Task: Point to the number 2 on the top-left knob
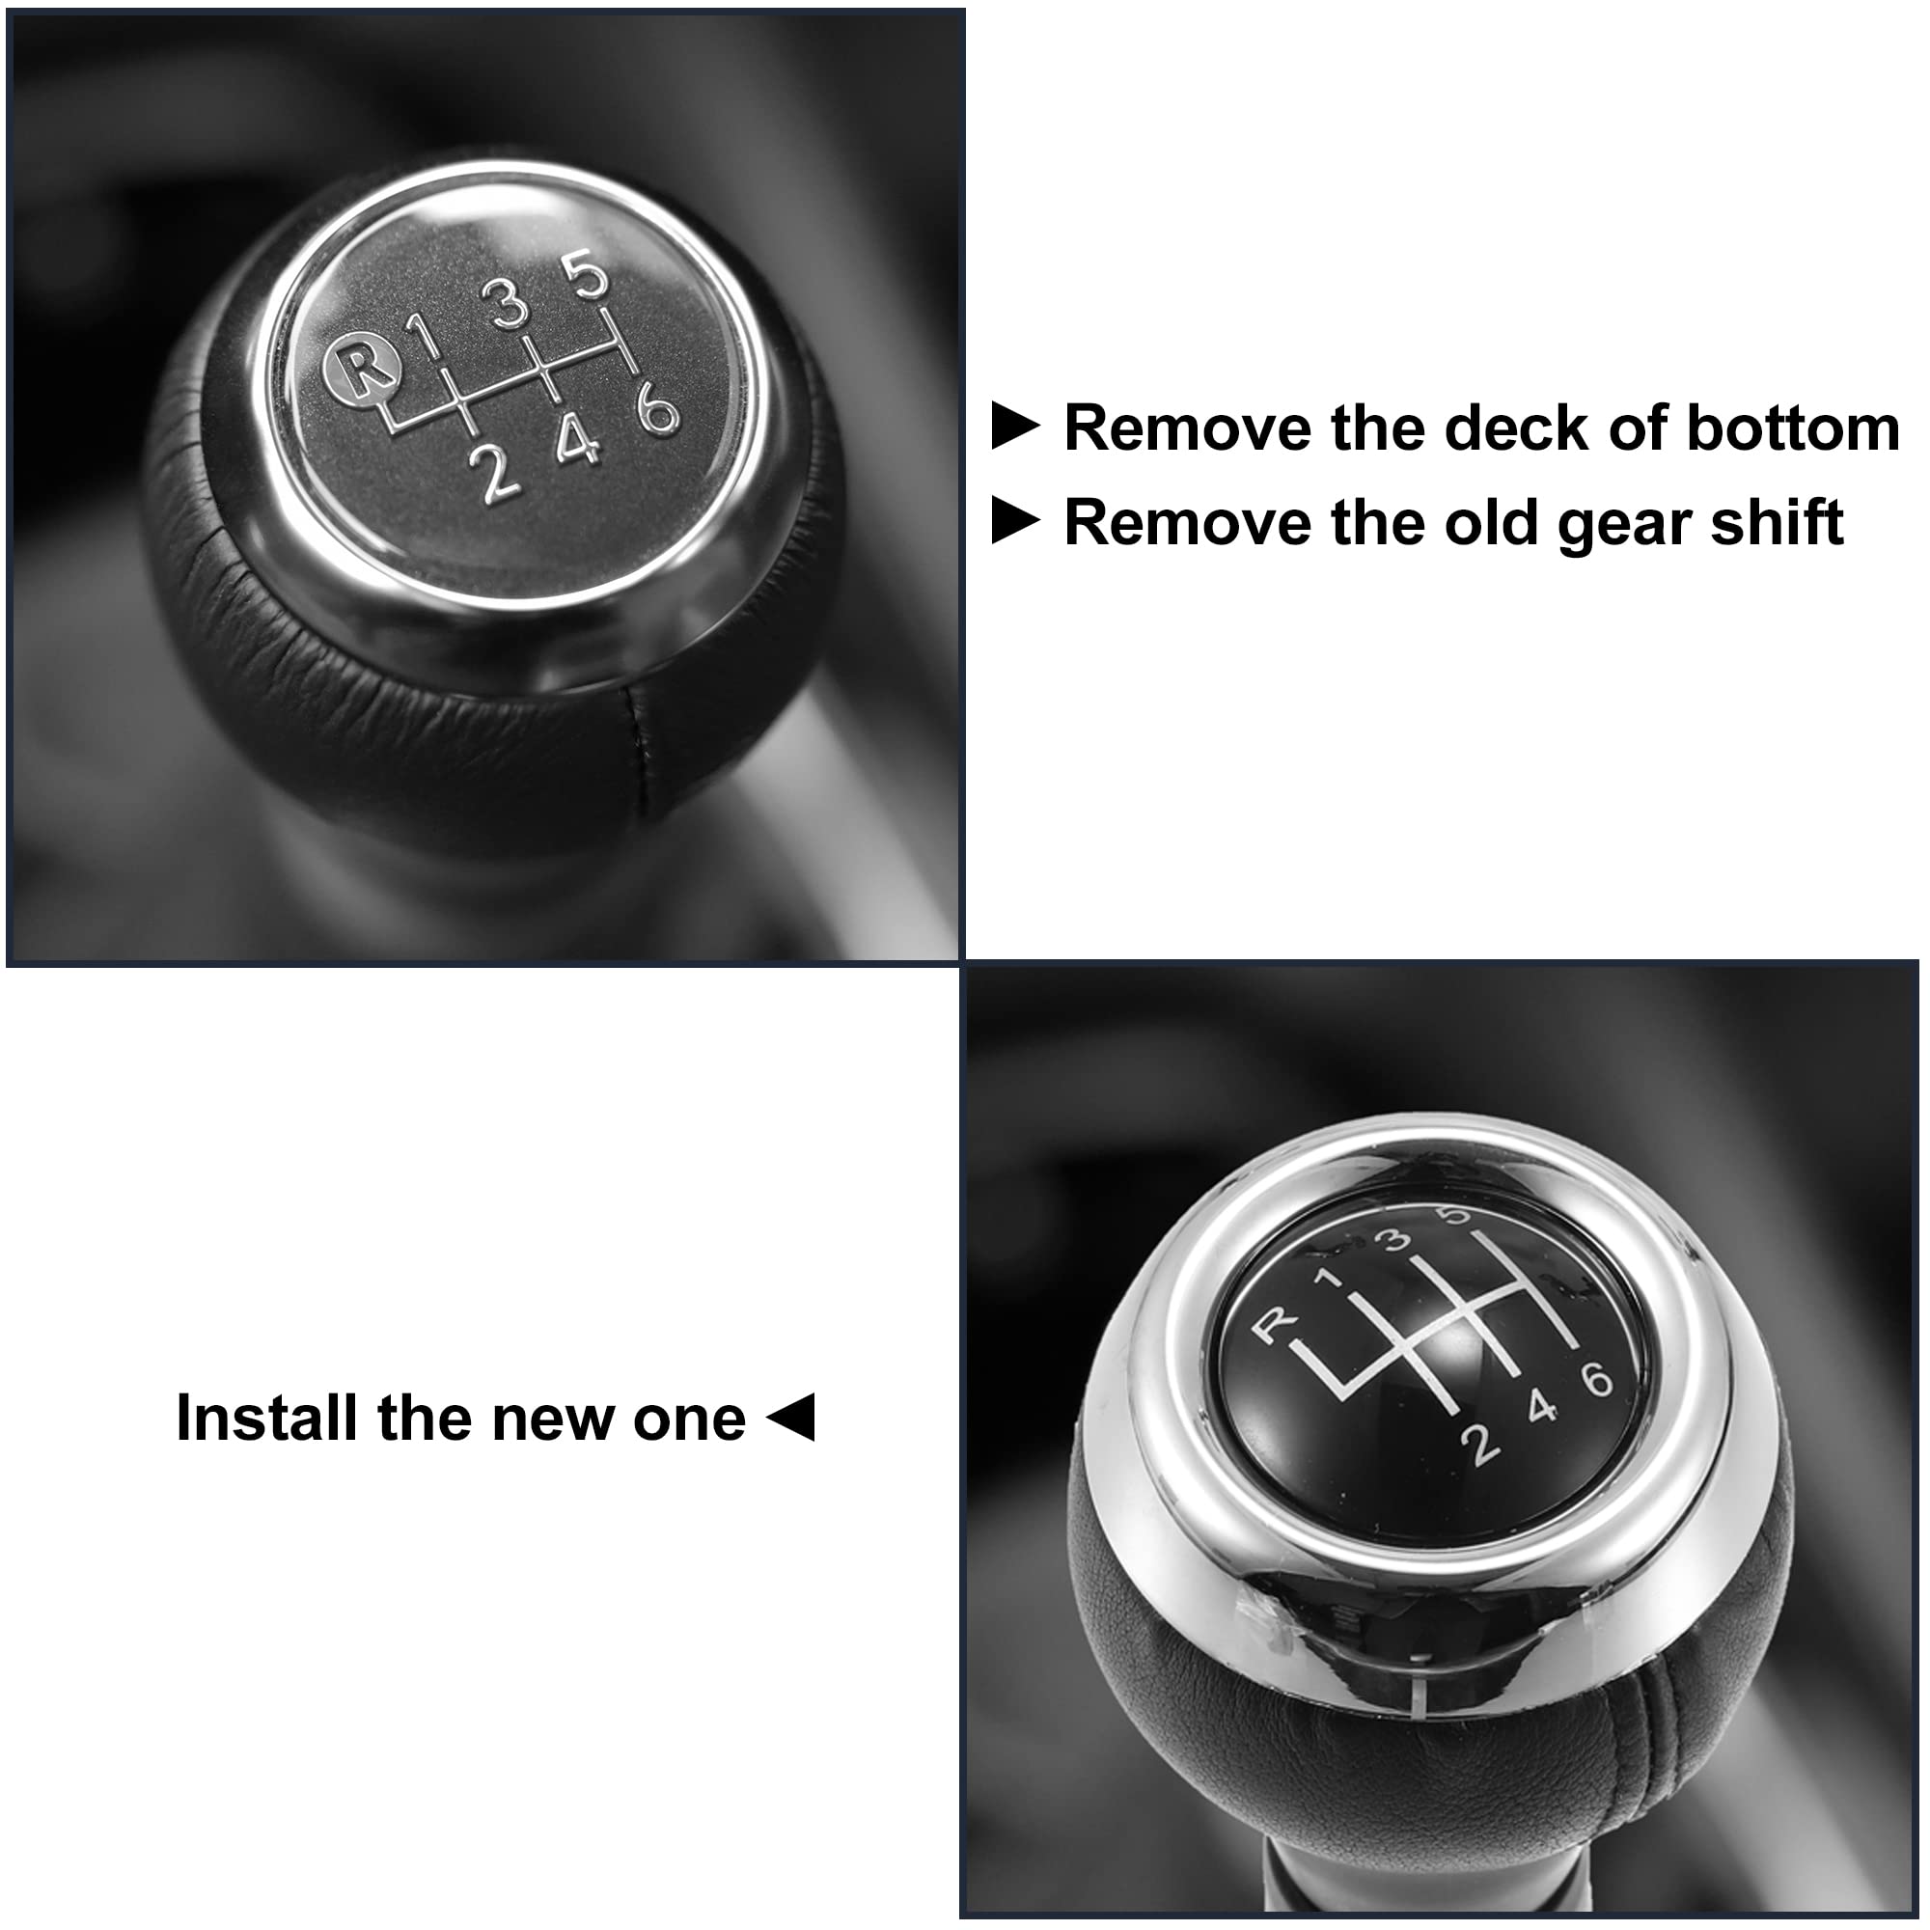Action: [499, 472]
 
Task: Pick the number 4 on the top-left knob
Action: [578, 441]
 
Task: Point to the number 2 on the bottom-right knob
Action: [1482, 1445]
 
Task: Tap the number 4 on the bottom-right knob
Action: [1542, 1408]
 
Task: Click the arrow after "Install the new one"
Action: [794, 1419]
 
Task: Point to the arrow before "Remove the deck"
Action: [1015, 427]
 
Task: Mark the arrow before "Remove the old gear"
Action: [1015, 522]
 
